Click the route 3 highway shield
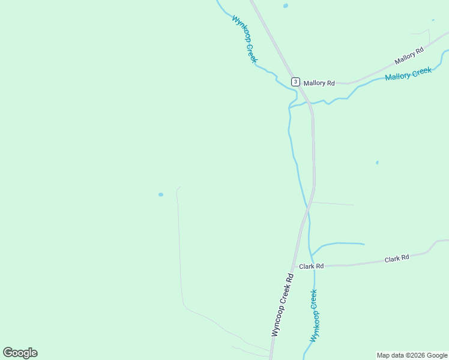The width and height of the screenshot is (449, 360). point(295,82)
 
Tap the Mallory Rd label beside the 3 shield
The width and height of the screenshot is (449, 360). point(319,83)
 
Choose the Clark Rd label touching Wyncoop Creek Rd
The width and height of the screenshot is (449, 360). point(312,266)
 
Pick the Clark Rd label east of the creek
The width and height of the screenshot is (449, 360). point(397,258)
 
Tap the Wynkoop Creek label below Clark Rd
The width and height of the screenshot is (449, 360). point(314,316)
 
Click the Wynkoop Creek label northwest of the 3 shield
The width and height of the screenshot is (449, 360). point(244,39)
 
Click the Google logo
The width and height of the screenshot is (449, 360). point(20,353)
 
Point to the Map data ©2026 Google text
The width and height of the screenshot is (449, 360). point(412,355)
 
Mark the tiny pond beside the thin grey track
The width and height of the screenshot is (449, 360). point(160,194)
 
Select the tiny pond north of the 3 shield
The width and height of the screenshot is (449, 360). point(285,6)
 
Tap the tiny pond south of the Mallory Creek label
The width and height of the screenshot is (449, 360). point(377,162)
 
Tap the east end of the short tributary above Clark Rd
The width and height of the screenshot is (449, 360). point(364,244)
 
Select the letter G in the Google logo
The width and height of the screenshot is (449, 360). point(8,353)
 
